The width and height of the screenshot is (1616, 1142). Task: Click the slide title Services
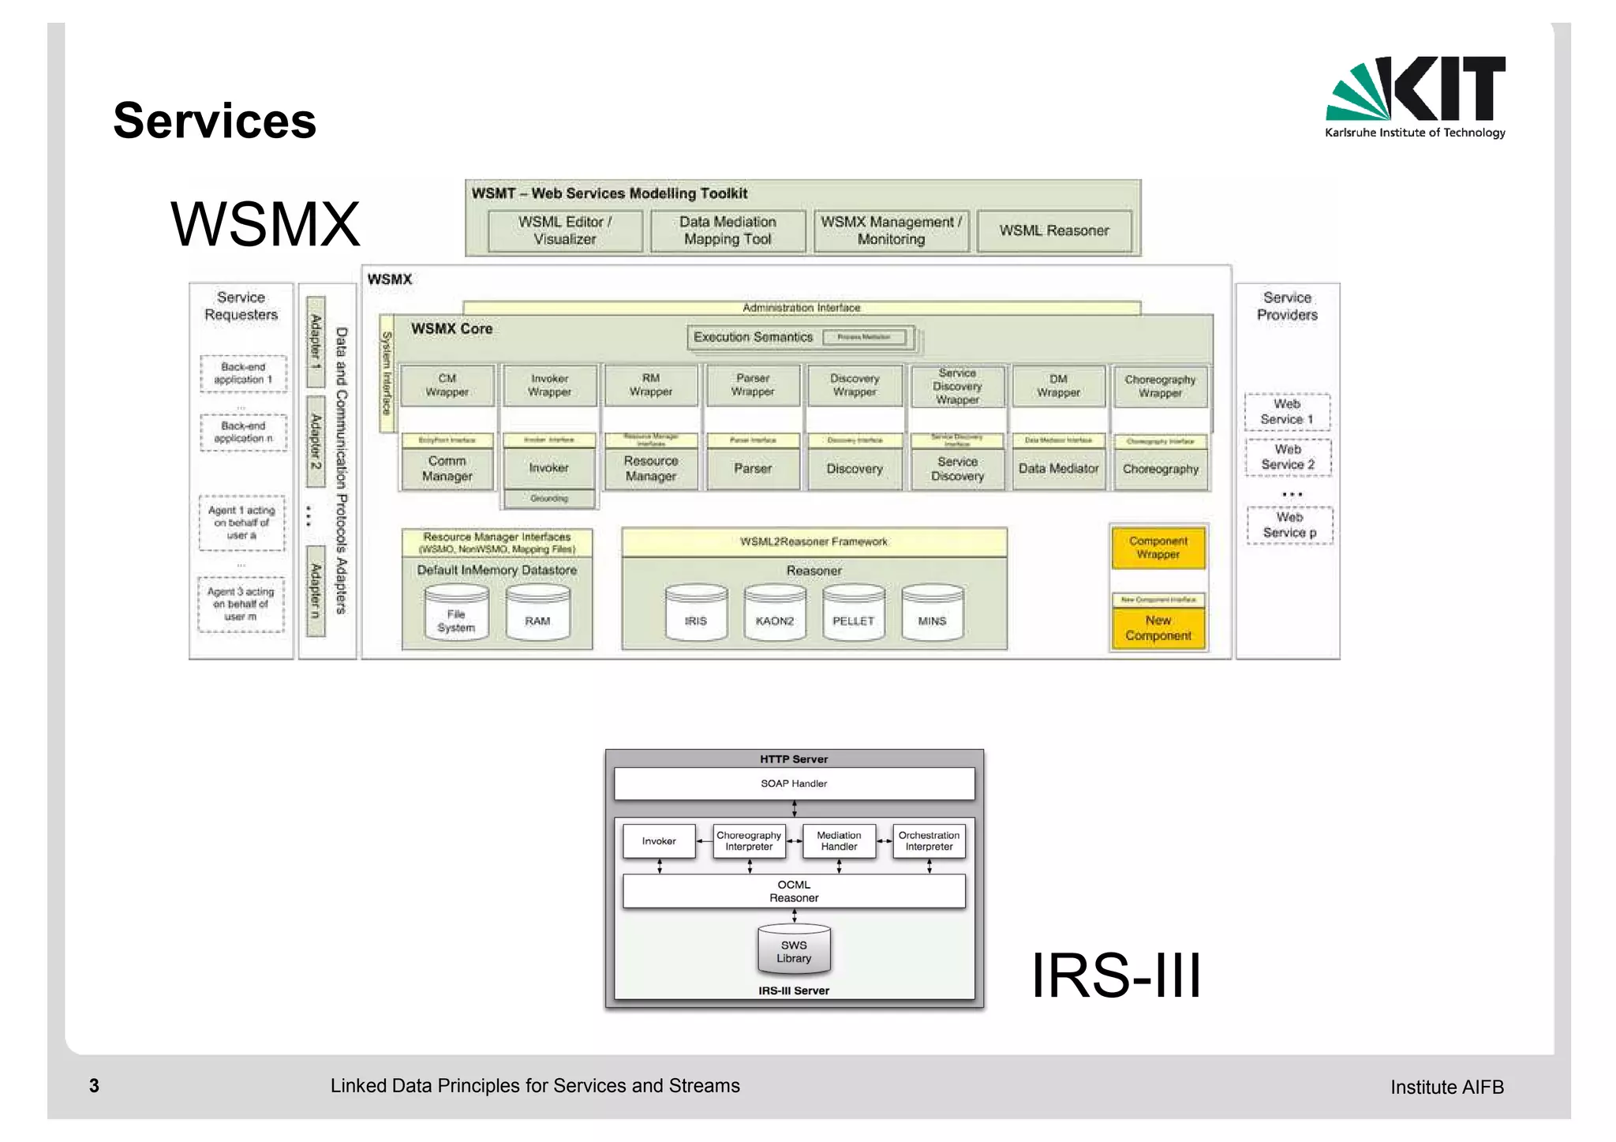click(215, 121)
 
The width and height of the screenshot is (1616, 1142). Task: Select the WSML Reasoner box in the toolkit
click(1053, 230)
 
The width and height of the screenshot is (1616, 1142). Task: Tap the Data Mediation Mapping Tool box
click(728, 230)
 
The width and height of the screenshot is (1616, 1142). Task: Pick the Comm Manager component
click(447, 469)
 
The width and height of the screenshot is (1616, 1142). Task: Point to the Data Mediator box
click(1058, 469)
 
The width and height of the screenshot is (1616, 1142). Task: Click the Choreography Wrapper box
click(1159, 386)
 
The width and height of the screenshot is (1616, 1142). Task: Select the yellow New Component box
click(1158, 628)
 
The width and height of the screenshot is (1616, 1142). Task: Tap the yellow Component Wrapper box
click(1158, 548)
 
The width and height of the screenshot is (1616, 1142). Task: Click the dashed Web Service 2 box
click(1288, 457)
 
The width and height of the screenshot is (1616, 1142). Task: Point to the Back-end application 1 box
click(243, 373)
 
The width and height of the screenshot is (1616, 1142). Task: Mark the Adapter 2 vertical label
click(316, 441)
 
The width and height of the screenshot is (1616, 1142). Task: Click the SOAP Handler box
click(794, 784)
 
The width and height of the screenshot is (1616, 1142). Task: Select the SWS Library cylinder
click(794, 950)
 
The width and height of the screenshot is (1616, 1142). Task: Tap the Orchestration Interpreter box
click(929, 841)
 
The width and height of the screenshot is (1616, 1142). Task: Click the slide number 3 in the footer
click(94, 1086)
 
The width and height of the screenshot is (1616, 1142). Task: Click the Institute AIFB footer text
click(1446, 1088)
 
